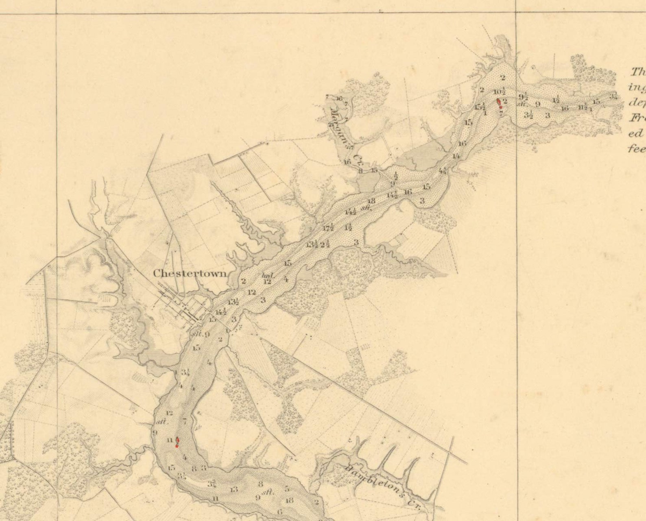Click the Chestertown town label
point(190,273)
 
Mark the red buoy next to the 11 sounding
point(177,442)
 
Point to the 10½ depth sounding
point(500,92)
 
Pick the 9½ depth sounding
point(524,97)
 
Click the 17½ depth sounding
point(328,227)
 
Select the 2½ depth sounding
point(325,244)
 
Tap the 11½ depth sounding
point(583,107)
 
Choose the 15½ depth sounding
point(480,107)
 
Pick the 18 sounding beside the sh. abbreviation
point(371,201)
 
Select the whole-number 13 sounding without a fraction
point(234,489)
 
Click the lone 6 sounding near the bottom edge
point(279,512)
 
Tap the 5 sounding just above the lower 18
point(287,489)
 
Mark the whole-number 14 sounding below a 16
point(456,156)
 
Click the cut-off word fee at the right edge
point(637,149)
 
